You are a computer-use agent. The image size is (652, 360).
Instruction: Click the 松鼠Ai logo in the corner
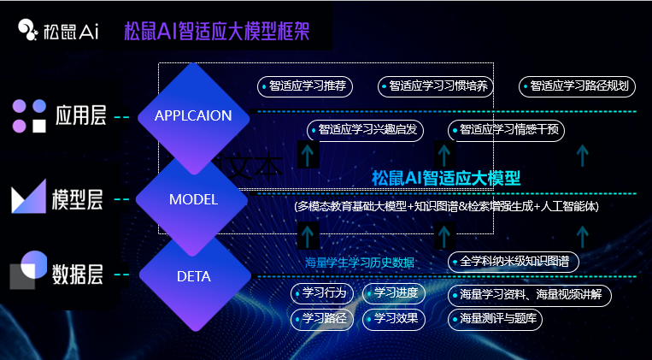tap(58, 32)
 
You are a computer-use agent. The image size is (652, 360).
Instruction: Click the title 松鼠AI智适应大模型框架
tap(215, 32)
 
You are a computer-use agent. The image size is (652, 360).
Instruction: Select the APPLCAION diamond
tap(193, 115)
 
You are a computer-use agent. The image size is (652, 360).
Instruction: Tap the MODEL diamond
tap(193, 199)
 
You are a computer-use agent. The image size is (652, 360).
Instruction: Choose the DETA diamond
tap(193, 276)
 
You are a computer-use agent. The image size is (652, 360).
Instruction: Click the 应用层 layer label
tap(79, 115)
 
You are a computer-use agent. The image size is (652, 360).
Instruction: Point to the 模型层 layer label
tap(77, 200)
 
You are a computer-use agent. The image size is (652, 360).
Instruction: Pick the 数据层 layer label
tap(77, 274)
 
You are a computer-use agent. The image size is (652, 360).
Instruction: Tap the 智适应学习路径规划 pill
tap(578, 86)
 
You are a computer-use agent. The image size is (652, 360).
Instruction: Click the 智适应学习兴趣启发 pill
tap(364, 130)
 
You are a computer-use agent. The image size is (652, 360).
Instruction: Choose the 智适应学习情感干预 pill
tap(506, 130)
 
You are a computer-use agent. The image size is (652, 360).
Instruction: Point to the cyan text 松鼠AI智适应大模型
tap(446, 178)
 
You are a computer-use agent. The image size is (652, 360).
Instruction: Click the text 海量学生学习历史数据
tap(360, 262)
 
